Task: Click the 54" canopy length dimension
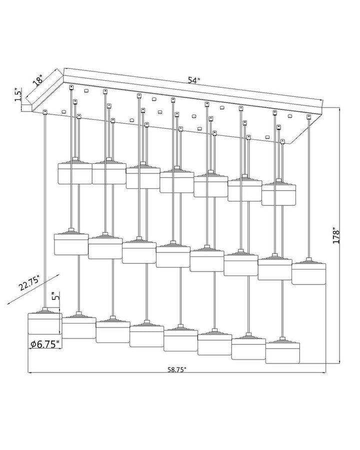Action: click(x=194, y=80)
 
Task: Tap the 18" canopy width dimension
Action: click(x=37, y=80)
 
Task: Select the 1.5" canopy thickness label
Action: click(x=18, y=95)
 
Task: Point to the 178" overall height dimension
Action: click(x=336, y=236)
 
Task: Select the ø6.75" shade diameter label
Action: click(x=45, y=344)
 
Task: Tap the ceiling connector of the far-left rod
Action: click(x=44, y=111)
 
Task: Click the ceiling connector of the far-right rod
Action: click(x=309, y=116)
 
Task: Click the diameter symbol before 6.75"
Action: click(x=33, y=344)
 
